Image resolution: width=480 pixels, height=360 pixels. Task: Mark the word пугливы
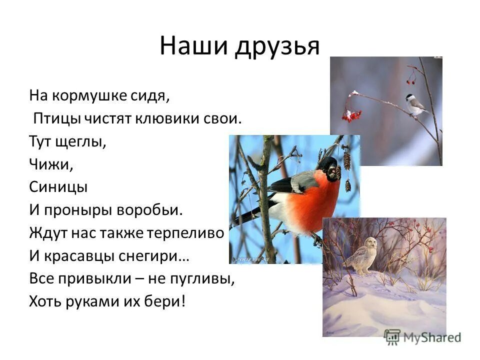pos(206,279)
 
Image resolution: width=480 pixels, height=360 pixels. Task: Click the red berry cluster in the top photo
pos(351,115)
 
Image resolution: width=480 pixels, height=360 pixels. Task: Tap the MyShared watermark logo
pos(422,336)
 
